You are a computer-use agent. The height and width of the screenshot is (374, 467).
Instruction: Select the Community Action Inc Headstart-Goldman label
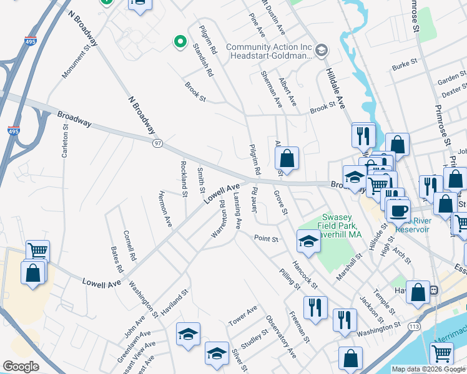269,51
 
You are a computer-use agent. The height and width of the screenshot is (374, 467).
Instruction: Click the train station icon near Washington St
431,290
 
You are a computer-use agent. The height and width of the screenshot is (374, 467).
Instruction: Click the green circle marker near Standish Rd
180,42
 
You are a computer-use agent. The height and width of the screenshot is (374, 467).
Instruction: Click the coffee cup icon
398,209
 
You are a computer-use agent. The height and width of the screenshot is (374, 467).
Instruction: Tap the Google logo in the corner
21,367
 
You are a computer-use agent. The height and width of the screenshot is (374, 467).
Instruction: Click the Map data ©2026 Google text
428,369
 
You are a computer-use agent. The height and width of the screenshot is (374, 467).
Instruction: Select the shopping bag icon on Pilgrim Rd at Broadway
287,159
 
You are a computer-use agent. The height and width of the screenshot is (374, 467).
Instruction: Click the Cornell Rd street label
130,246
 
